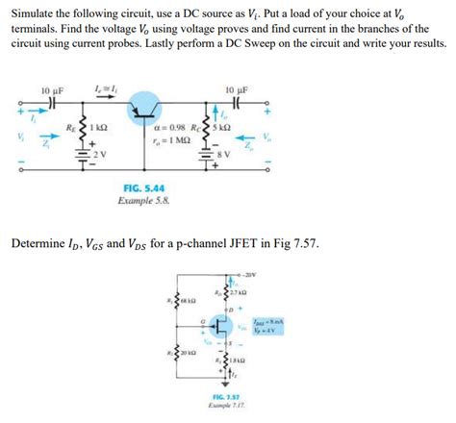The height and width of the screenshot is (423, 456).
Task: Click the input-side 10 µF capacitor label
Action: pos(51,90)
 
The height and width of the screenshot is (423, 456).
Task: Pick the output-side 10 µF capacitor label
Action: pos(237,90)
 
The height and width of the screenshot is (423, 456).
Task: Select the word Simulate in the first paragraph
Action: pos(37,11)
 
